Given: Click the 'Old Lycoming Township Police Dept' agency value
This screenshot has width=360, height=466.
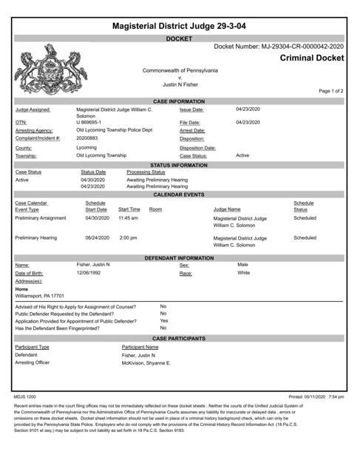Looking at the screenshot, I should (x=114, y=130).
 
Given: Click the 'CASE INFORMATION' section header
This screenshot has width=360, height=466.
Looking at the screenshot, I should (x=180, y=101).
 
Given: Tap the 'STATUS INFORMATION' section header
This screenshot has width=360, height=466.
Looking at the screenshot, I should (x=180, y=166).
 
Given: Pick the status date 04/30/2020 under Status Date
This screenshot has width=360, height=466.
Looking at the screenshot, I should (x=93, y=180).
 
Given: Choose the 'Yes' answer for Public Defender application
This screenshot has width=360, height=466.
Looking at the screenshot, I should (x=164, y=321).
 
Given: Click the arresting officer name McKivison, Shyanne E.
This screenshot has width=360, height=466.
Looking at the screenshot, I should (x=146, y=363).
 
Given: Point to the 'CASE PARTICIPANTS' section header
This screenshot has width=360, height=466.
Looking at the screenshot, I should (x=180, y=338).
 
